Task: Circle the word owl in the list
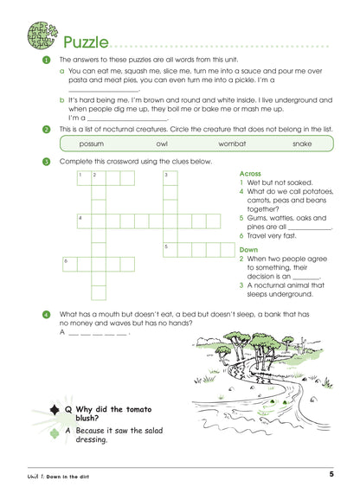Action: click(x=162, y=144)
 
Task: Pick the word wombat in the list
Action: click(x=231, y=144)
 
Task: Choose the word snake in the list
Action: click(x=301, y=144)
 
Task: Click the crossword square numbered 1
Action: click(x=82, y=178)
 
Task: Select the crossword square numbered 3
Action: click(x=170, y=178)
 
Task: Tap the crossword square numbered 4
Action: click(x=82, y=220)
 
